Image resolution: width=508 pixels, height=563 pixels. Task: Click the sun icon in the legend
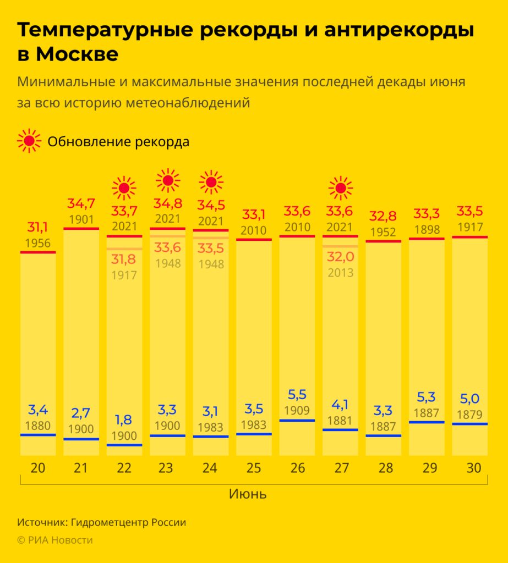(x=29, y=141)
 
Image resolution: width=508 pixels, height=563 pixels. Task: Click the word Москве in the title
(x=77, y=55)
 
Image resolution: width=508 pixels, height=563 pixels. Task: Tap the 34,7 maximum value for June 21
(x=81, y=203)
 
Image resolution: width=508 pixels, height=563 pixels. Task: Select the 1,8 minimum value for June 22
(x=124, y=420)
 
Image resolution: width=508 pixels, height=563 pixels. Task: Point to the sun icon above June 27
(x=341, y=189)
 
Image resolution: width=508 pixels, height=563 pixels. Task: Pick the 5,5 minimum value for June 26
(x=297, y=395)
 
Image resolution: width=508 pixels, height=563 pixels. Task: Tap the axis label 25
(x=254, y=468)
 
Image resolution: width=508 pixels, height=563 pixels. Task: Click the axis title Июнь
(x=248, y=494)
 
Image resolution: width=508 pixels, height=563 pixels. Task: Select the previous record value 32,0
(x=340, y=256)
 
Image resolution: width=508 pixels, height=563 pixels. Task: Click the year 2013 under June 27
(x=340, y=272)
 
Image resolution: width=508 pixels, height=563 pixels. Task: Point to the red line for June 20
(x=38, y=252)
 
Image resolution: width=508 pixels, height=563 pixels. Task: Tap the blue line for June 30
(x=469, y=424)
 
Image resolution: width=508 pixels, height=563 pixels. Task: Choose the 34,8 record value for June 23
(x=168, y=203)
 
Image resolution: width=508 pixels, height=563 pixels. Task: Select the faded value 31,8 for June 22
(x=124, y=260)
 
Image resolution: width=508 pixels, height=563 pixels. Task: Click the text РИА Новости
(x=61, y=540)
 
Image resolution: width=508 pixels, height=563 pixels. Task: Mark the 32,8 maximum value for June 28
(x=384, y=216)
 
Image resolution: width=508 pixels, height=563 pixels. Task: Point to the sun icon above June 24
(x=211, y=182)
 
